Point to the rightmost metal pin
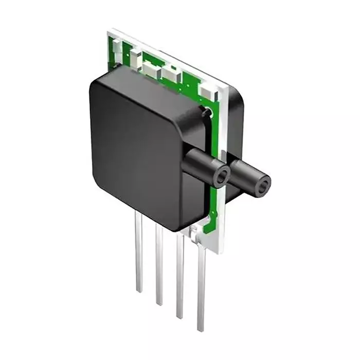[201, 288]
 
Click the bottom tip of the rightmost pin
[200, 330]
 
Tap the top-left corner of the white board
[110, 31]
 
